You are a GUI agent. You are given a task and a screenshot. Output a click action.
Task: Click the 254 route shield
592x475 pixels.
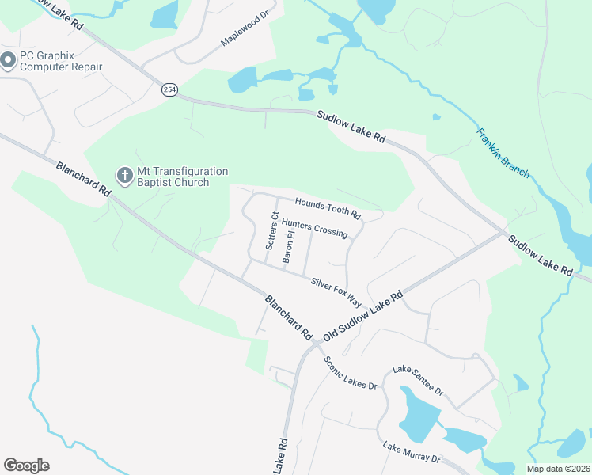(x=169, y=89)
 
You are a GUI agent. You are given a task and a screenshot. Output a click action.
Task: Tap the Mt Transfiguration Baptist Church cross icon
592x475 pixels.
(x=124, y=176)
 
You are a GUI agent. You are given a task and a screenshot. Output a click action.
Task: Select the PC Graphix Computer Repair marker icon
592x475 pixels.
(x=9, y=60)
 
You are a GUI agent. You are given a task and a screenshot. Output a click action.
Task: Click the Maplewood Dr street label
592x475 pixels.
(x=246, y=28)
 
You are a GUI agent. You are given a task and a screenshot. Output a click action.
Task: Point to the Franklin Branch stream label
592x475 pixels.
(x=503, y=152)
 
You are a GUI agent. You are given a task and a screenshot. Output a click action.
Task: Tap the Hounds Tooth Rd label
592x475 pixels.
(x=328, y=209)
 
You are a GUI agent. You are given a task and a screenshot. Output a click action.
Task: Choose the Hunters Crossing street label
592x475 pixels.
(x=314, y=229)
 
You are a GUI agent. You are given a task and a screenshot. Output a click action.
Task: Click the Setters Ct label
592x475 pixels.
(x=271, y=230)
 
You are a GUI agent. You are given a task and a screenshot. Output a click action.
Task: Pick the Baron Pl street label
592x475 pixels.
(x=289, y=246)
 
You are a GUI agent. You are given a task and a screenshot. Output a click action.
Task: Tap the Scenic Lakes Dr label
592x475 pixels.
(x=350, y=373)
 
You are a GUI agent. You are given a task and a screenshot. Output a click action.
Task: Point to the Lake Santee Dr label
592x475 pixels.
(x=419, y=381)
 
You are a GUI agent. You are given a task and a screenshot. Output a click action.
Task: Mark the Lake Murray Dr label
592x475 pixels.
(x=412, y=453)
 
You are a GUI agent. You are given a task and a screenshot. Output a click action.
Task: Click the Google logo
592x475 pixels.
(x=26, y=465)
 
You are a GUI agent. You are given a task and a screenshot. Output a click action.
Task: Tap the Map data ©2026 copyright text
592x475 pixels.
(x=559, y=469)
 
